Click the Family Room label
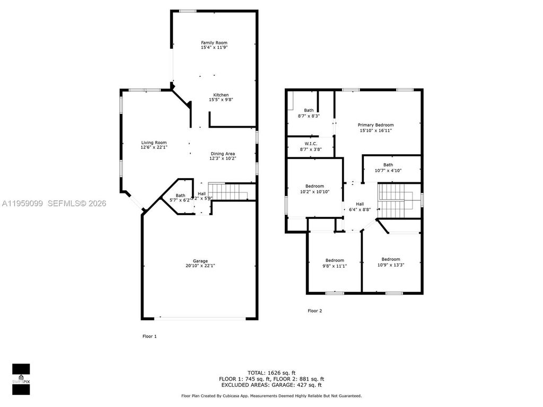(x=214, y=42)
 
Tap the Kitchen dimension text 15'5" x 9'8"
(x=221, y=100)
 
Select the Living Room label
(x=154, y=142)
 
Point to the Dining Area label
(x=223, y=153)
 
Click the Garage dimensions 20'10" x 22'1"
(x=200, y=266)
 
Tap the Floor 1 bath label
(x=181, y=195)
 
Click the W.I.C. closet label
(x=310, y=143)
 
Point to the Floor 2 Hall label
(x=360, y=204)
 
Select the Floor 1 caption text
(x=150, y=336)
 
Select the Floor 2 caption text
(x=314, y=311)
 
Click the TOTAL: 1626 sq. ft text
(x=271, y=373)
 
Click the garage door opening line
(x=200, y=318)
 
